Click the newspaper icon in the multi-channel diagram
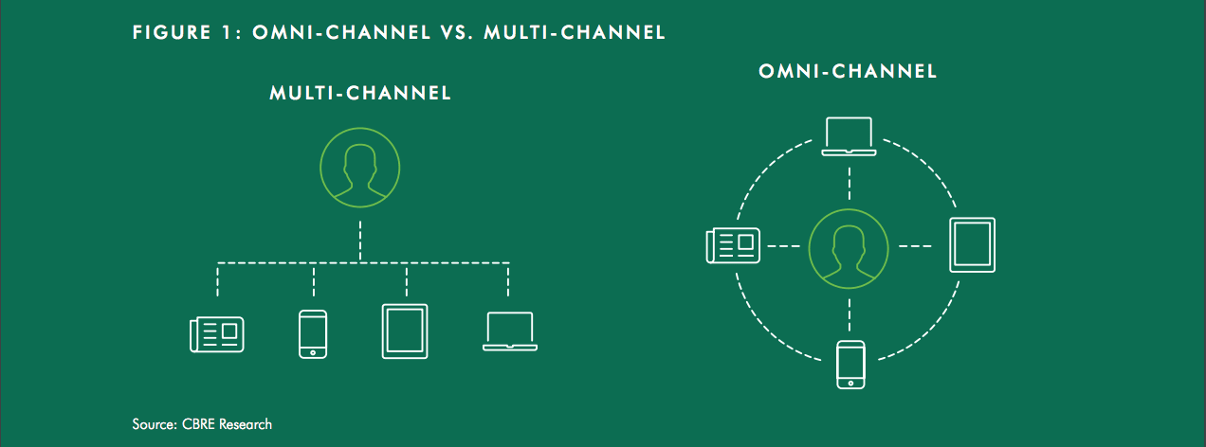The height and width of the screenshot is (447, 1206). coord(217,334)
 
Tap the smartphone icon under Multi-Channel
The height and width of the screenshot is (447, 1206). coord(313,334)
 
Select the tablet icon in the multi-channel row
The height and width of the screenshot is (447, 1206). coord(405,331)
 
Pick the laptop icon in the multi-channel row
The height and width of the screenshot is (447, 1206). coord(510,331)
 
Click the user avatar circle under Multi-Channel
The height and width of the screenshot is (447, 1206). coord(359,168)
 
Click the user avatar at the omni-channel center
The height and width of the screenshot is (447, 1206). coord(849,248)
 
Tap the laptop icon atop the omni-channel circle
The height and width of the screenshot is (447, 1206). coord(850,136)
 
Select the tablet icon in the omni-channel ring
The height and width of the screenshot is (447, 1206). coord(973,244)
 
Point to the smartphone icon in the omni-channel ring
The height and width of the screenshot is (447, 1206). coord(850,365)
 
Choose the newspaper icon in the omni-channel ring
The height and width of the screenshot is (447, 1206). coord(733,246)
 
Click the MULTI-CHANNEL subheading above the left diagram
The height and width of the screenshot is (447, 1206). coord(360,93)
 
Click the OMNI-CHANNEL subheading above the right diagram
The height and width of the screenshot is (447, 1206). coord(848,71)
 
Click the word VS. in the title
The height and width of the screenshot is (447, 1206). coord(457,32)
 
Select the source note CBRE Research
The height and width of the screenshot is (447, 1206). coord(227,424)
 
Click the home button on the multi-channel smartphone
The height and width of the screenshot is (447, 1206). coord(313,353)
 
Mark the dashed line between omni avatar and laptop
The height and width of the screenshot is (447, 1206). coord(850,184)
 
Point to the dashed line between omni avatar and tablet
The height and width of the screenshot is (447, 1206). coord(915,246)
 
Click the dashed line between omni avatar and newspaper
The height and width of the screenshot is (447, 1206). coord(784,246)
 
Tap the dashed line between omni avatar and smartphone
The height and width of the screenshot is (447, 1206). coord(850,314)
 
